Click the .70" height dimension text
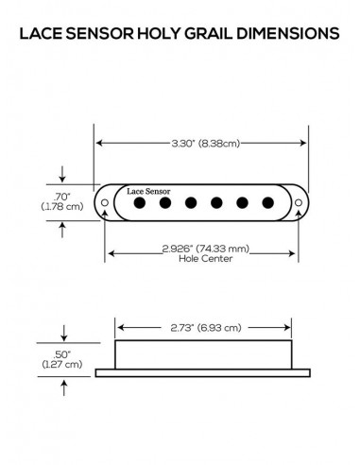click(x=63, y=196)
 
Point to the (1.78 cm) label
click(x=62, y=206)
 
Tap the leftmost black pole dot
click(x=140, y=202)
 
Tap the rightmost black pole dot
click(x=267, y=202)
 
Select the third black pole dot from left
click(x=191, y=202)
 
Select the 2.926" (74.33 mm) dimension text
click(x=204, y=249)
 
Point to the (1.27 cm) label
click(x=62, y=363)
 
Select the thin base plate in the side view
click(x=203, y=373)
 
